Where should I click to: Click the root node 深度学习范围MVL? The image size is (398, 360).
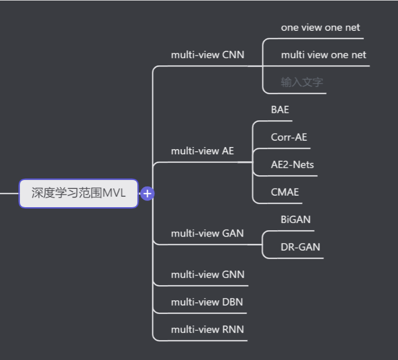79,193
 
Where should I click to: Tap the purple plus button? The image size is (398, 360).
148,194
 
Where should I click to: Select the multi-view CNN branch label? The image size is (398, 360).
207,54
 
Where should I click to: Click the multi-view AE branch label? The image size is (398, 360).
202,151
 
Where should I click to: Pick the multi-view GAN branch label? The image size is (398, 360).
207,233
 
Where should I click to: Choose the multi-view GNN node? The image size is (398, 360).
207,274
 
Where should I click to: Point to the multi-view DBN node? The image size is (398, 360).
207,302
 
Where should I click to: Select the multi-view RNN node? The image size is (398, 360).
207,329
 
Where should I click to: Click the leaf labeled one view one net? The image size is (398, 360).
320,27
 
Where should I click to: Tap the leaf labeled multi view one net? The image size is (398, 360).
323,54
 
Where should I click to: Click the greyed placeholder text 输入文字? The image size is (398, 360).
302,82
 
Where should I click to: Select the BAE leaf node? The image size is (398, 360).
280,110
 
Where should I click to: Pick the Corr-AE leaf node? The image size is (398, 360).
289,137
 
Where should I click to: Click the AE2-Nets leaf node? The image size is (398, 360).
292,164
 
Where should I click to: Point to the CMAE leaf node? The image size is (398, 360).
284,192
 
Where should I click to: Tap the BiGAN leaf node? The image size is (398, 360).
295,219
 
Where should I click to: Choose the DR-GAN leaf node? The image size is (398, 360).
300,247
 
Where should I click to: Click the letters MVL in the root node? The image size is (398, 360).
114,193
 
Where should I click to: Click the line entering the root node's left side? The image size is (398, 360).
9,193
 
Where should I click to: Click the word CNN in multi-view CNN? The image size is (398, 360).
233,54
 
